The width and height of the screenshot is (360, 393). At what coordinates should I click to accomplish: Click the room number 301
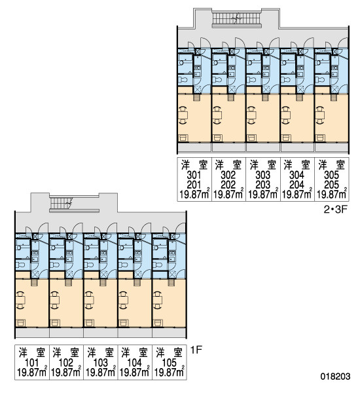tap(194, 175)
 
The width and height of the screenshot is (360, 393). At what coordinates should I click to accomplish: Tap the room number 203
tap(262, 185)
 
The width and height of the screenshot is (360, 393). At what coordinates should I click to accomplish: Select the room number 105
tap(170, 362)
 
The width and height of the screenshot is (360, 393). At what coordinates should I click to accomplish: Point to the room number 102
tap(66, 362)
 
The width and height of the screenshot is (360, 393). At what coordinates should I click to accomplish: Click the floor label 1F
tap(196, 350)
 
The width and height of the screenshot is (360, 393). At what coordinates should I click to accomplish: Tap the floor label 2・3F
tap(335, 210)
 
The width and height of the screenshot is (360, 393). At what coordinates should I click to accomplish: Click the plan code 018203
tap(335, 376)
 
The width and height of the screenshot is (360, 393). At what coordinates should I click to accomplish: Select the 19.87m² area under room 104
tap(135, 372)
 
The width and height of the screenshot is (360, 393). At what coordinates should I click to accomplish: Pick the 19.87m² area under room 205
tap(332, 194)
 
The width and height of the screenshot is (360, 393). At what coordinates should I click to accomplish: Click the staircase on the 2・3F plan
tap(237, 18)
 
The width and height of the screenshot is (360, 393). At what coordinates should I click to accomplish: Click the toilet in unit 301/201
tap(183, 80)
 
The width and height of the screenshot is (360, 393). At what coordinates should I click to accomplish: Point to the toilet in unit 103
tap(89, 265)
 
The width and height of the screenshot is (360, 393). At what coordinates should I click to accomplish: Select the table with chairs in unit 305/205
tap(320, 115)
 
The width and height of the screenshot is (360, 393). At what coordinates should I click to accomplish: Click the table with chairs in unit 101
tap(20, 300)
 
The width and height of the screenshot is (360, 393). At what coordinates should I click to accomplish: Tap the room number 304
tap(297, 175)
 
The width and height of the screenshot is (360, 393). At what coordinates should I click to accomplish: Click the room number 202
tap(228, 185)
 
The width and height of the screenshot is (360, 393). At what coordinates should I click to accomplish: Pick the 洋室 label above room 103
tap(100, 352)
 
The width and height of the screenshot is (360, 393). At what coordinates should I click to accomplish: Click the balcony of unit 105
tap(169, 333)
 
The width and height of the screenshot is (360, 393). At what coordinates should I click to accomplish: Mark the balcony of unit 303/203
tap(263, 147)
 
